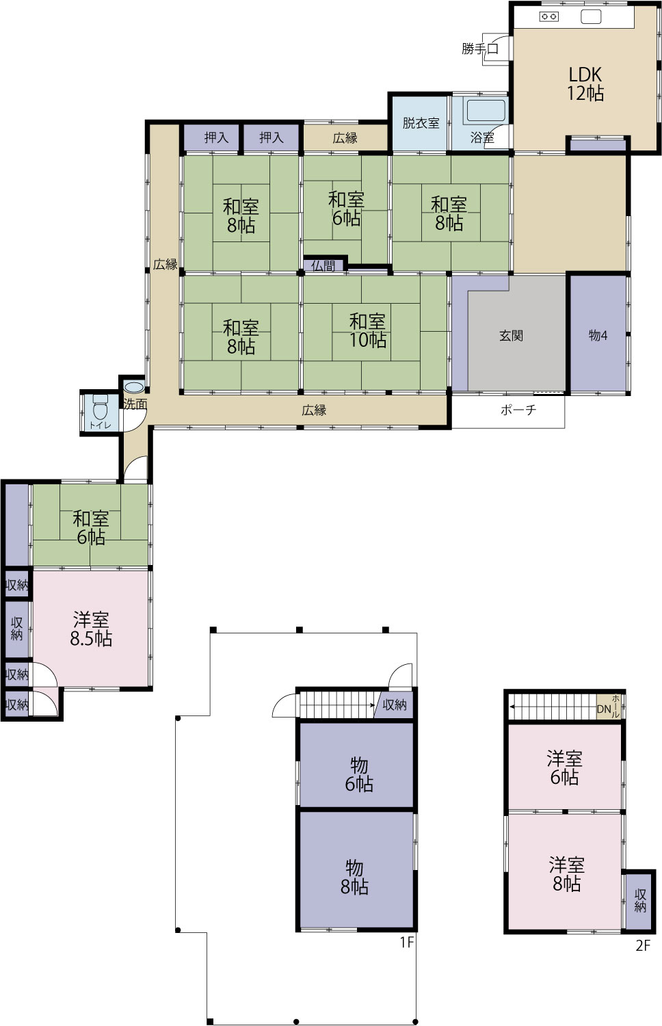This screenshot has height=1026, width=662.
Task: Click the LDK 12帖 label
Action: tap(585, 84)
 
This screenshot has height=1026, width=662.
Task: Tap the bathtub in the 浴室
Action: tap(486, 110)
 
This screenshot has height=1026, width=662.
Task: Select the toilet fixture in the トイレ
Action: tap(100, 407)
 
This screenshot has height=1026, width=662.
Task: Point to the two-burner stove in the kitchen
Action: tap(549, 17)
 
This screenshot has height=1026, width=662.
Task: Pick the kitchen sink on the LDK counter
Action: tap(591, 17)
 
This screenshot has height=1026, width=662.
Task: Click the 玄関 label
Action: tap(511, 336)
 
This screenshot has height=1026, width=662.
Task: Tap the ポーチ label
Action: tap(518, 410)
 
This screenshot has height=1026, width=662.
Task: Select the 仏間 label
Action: tap(323, 266)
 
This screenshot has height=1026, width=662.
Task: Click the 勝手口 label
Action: tap(480, 48)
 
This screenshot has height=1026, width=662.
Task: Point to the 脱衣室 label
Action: tap(421, 122)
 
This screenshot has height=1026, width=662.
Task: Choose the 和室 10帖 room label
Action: tap(368, 330)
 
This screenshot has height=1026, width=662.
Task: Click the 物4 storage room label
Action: tap(598, 336)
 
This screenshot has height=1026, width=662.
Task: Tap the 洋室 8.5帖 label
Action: tap(91, 629)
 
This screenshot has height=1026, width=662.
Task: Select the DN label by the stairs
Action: tap(604, 709)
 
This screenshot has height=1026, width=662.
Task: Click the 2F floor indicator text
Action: tap(643, 945)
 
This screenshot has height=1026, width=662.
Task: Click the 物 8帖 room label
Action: tap(354, 877)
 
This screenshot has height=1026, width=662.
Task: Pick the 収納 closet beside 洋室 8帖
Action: tap(640, 901)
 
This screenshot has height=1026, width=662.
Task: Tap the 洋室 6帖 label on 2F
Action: tap(564, 768)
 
